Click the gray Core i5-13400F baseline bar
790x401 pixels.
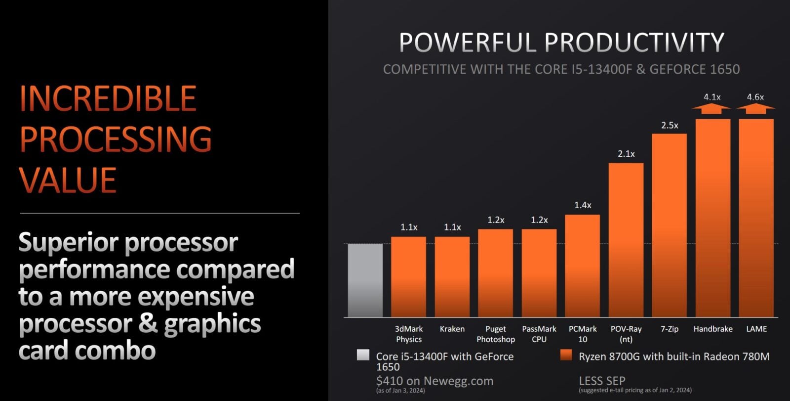tap(365, 280)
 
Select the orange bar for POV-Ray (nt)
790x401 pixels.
tap(626, 240)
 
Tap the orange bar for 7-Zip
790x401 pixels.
tap(670, 225)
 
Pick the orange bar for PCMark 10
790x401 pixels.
tap(582, 266)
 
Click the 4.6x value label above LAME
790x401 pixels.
tap(755, 97)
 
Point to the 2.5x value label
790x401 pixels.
tap(670, 126)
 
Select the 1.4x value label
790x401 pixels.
tap(583, 205)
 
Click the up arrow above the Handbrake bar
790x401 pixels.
tap(711, 109)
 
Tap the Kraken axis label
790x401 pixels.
tap(452, 329)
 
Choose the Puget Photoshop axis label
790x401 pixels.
tap(496, 334)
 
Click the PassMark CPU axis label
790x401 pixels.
tap(539, 334)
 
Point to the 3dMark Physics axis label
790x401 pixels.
tap(409, 334)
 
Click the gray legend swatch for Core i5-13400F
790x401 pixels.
tap(363, 355)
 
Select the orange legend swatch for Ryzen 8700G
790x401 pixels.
tap(566, 355)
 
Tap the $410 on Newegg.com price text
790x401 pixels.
tap(434, 381)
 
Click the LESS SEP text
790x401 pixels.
tap(602, 381)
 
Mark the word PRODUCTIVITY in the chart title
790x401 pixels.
tap(634, 43)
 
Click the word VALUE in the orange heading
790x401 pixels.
tap(68, 180)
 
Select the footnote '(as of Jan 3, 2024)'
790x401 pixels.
tap(400, 391)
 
